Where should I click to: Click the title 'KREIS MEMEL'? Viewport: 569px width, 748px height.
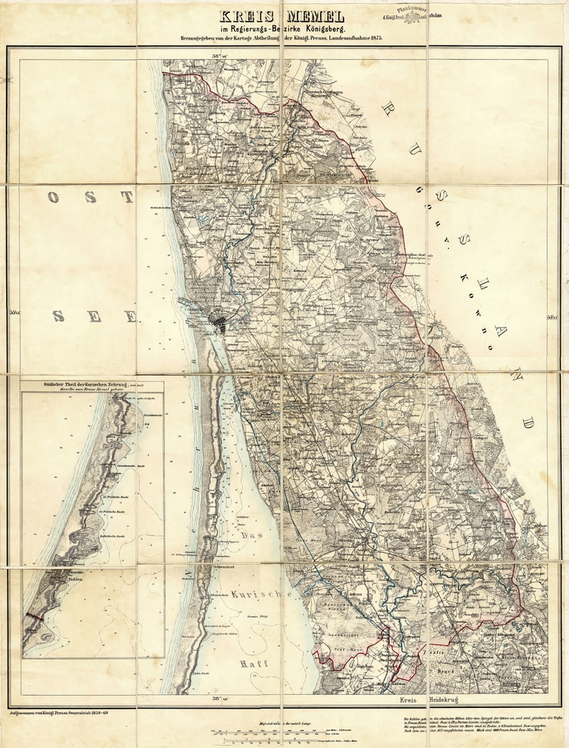(x=282, y=16)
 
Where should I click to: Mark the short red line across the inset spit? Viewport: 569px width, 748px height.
(x=34, y=617)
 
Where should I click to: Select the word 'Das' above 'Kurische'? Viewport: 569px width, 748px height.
(x=251, y=535)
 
